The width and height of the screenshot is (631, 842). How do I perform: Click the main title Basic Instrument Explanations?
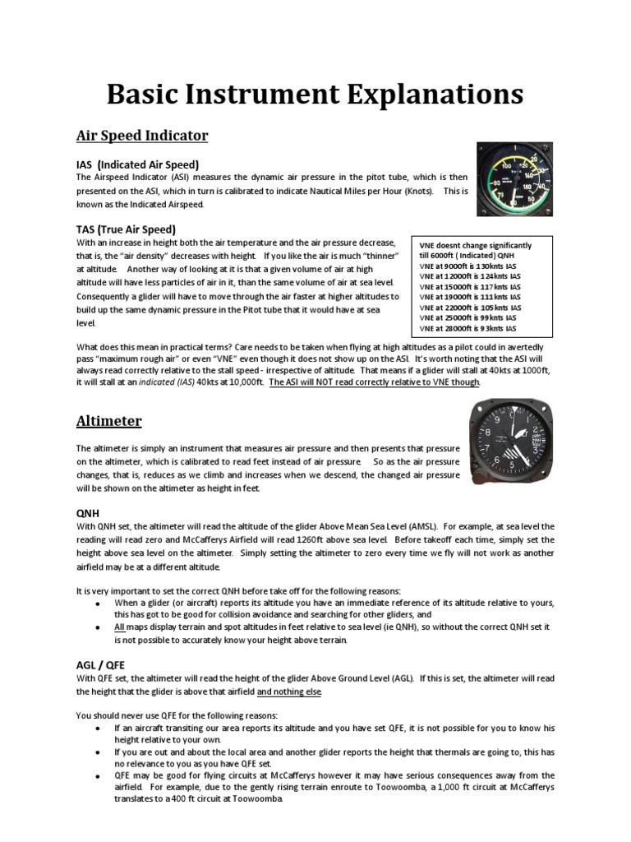coord(315,95)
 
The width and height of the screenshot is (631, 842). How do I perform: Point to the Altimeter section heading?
coord(108,421)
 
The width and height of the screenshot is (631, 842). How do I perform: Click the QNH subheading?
coord(88,512)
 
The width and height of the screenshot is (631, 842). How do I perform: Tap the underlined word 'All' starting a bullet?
coord(121,627)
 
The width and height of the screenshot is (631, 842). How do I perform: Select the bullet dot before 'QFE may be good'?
coord(98,775)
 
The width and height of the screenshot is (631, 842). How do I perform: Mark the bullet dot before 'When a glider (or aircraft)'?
coord(98,603)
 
